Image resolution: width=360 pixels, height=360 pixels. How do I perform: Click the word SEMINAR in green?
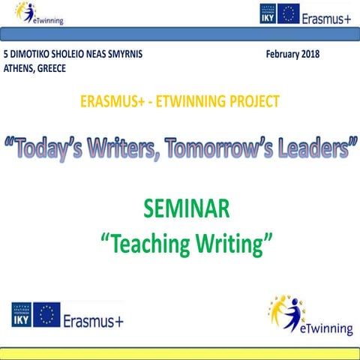click(180, 208)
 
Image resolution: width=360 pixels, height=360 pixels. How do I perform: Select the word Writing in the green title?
click(230, 240)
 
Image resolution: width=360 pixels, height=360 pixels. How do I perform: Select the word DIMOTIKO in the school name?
click(34, 55)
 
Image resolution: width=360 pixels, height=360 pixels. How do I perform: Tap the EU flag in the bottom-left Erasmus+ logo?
click(46, 316)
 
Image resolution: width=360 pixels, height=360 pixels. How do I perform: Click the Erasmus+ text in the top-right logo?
click(327, 14)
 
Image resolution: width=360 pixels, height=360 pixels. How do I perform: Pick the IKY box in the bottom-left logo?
click(20, 316)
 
